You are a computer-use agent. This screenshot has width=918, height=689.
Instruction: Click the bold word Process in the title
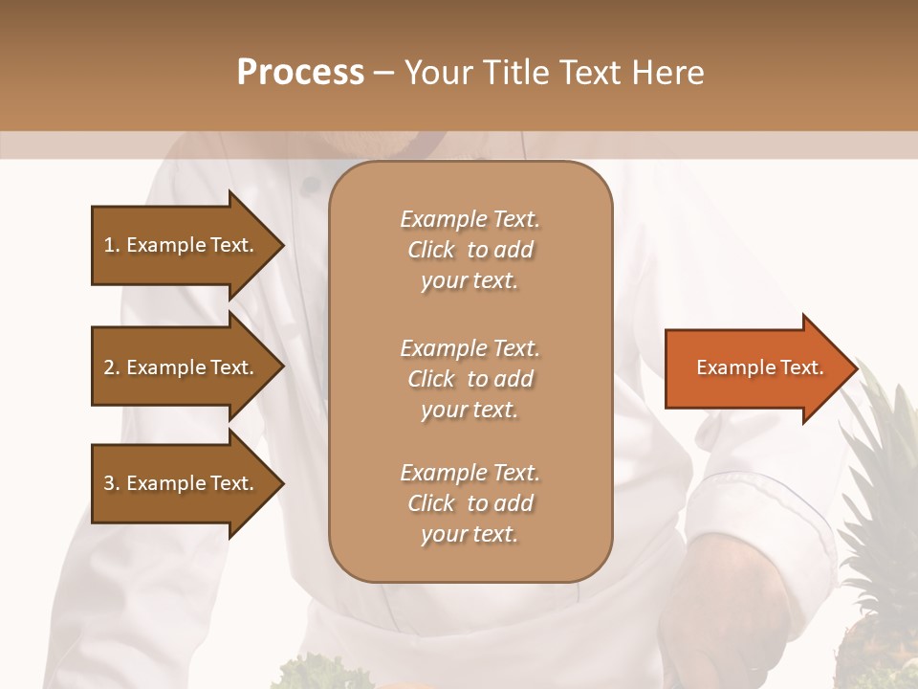point(300,73)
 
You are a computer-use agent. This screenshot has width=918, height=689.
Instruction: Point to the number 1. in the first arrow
point(111,246)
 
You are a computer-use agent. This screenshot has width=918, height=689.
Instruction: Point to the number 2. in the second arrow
point(111,368)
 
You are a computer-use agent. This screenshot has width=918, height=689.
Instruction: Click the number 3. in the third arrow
point(111,484)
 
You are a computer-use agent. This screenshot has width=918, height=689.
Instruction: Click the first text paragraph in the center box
point(470,250)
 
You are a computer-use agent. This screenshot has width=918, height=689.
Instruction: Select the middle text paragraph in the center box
point(470,379)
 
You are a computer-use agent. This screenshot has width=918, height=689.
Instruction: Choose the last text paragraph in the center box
point(470,503)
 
